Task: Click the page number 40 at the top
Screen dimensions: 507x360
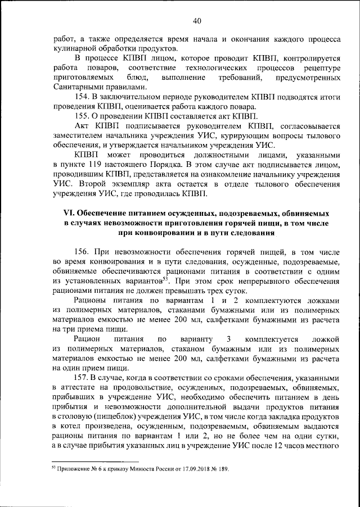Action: (196, 21)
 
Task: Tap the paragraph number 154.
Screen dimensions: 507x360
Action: (82, 98)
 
